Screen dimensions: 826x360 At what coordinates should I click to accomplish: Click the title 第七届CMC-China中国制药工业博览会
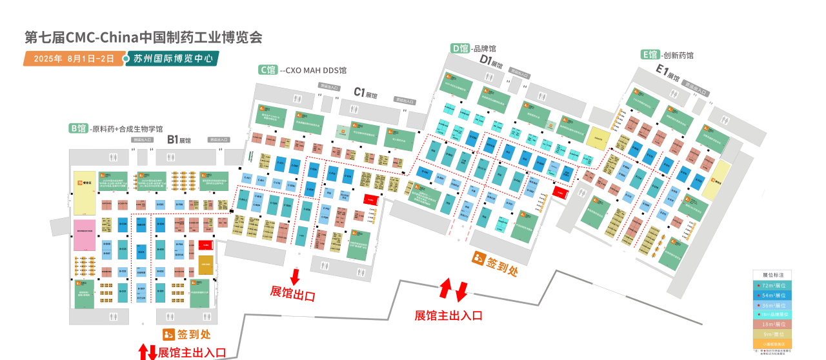tap(143, 37)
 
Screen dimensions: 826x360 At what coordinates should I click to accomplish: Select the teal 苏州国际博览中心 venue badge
tap(173, 59)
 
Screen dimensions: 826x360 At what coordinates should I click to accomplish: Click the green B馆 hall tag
tap(78, 128)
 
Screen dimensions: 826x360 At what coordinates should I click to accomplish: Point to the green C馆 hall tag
tap(268, 70)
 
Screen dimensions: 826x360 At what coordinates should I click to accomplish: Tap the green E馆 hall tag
tap(650, 55)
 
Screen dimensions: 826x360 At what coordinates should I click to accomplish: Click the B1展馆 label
tap(179, 139)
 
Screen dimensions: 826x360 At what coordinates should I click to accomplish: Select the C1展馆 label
tap(365, 93)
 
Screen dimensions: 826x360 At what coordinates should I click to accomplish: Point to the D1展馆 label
tap(490, 61)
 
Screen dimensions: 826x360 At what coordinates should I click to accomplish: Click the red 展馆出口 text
tap(292, 296)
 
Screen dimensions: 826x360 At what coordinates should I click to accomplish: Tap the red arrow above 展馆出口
tap(295, 277)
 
